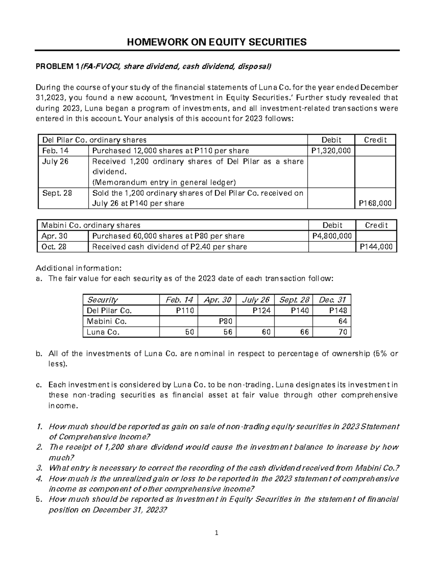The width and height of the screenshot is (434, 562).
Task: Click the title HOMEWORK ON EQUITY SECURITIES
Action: (217, 42)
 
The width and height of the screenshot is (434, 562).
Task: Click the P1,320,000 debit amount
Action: (331, 151)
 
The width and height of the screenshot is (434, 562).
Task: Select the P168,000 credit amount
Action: (375, 203)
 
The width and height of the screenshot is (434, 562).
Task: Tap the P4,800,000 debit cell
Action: (332, 236)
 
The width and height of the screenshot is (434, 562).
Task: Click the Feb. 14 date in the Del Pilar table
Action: (53, 151)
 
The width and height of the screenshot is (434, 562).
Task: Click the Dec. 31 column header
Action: (332, 300)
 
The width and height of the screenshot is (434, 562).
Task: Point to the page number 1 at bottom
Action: (217, 533)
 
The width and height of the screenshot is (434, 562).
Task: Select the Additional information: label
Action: (78, 268)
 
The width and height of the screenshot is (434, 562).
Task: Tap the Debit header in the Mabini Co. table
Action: (332, 225)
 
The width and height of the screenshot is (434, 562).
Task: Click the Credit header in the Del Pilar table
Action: (375, 140)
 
